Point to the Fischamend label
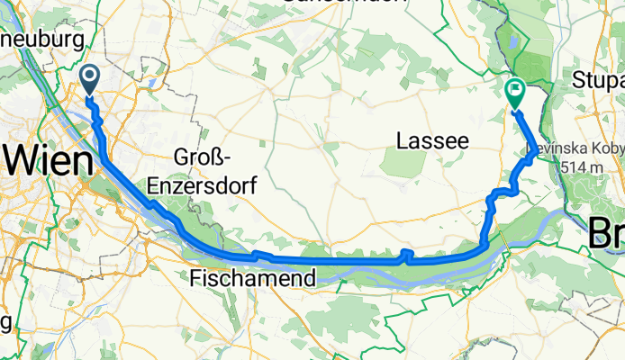[254, 280]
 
